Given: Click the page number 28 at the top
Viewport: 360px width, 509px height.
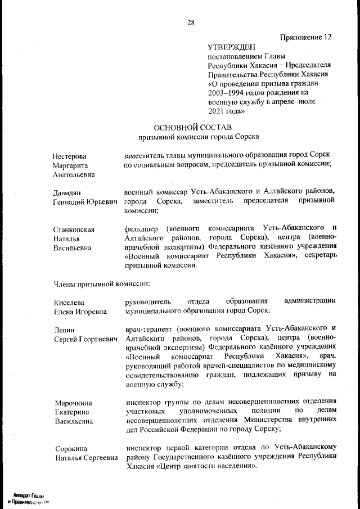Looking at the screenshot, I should [x=191, y=22].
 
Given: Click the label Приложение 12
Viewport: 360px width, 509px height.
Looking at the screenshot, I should [x=303, y=37].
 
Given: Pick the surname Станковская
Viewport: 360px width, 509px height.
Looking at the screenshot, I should [x=74, y=229].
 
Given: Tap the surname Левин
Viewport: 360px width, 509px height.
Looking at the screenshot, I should [x=65, y=330].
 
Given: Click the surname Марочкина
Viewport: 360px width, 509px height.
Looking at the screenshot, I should [x=73, y=403].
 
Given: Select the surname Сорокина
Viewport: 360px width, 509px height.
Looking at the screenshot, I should [x=71, y=449].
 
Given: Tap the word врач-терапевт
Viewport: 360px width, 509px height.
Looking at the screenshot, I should [x=147, y=328].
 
